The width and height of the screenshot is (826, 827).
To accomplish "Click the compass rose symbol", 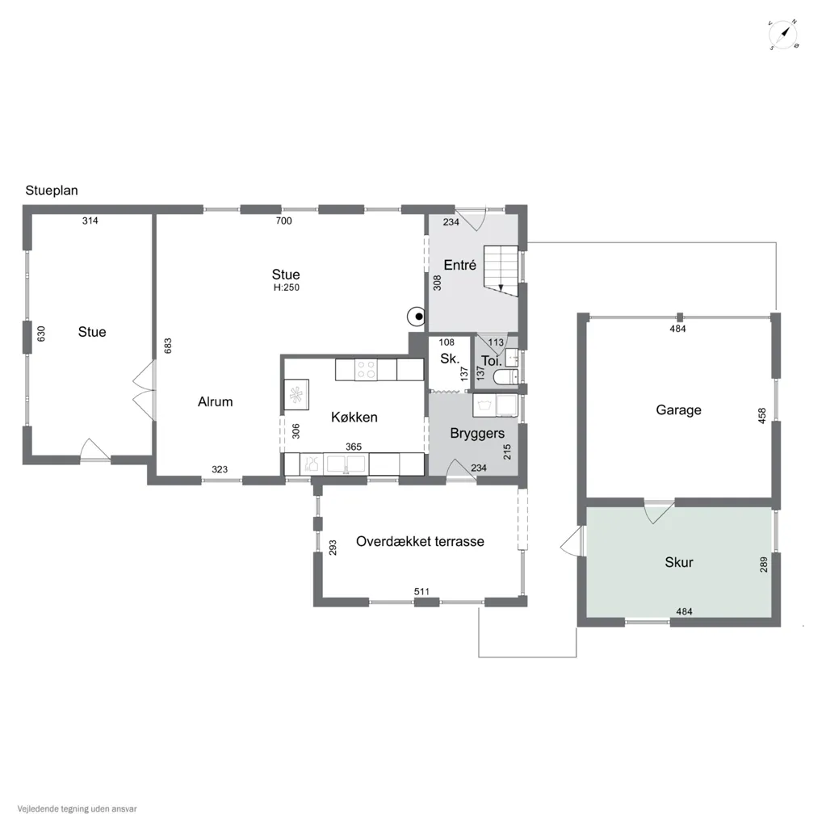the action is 782,36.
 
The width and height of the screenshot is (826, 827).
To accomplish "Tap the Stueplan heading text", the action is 52,191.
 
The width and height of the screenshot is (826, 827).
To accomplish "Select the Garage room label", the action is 678,409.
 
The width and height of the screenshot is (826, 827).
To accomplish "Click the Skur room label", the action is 679,562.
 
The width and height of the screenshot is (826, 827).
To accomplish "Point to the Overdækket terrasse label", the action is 420,542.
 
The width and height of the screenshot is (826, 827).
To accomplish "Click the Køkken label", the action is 354,418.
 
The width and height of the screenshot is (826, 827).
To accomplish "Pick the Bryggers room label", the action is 477,434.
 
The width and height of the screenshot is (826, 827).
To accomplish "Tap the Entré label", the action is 460,265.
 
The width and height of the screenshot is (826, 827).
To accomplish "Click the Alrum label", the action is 216,402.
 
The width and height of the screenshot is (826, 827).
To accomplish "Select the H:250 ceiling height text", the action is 287,288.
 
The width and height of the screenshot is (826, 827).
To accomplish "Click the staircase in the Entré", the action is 501,270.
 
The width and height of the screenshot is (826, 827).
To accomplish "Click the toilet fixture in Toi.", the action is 505,376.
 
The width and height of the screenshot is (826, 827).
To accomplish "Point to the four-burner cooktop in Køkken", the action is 366,369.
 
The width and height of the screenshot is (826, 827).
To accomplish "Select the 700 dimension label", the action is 283,221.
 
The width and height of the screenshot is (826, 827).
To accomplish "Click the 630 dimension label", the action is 41,334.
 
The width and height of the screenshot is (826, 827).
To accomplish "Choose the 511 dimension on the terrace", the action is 421,592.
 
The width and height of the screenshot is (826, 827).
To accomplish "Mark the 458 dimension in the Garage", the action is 761,416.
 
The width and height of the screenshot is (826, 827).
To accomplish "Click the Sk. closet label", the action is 450,359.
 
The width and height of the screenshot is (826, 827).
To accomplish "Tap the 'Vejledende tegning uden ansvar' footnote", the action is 77,808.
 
